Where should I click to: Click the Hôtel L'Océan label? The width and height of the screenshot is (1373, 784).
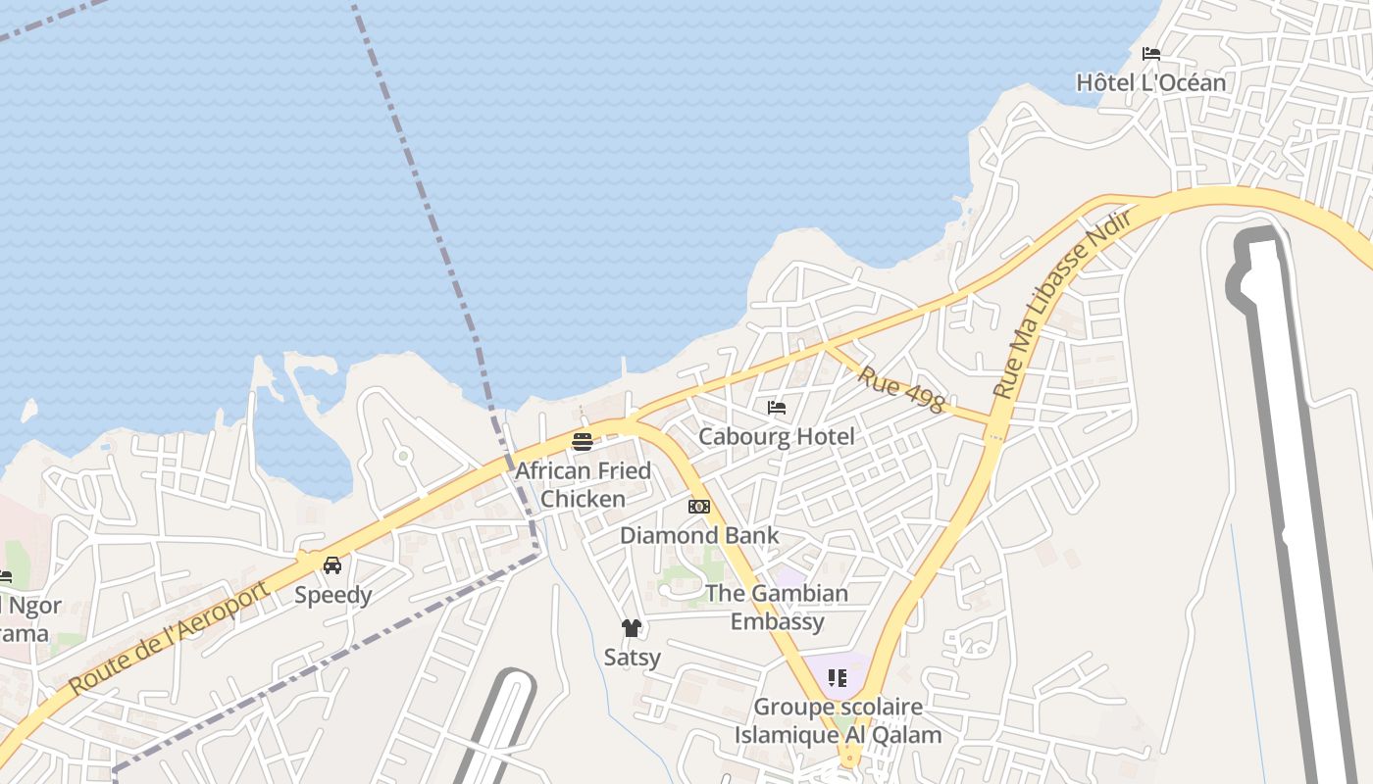[1150, 82]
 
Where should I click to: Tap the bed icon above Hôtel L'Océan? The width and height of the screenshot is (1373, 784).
[1151, 54]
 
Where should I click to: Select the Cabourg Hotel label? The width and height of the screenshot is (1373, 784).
[776, 436]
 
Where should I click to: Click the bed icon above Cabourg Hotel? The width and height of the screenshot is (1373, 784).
[777, 408]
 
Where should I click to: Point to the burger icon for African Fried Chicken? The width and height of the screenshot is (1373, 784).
[583, 442]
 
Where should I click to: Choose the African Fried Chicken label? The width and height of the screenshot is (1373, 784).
[583, 484]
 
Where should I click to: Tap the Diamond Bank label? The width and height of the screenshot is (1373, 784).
[699, 535]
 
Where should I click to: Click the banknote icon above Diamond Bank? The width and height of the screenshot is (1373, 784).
[699, 507]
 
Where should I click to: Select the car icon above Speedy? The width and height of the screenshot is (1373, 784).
[332, 565]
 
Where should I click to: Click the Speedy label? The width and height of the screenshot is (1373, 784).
[332, 595]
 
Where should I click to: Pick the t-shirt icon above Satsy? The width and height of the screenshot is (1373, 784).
[632, 628]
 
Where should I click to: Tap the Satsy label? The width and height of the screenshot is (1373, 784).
[632, 657]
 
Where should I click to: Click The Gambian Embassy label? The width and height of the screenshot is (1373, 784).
[777, 607]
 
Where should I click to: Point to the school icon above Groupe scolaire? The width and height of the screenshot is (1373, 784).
[837, 678]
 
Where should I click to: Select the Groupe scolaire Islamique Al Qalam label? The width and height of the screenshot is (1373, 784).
[838, 720]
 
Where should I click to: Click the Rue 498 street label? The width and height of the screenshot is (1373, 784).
[900, 389]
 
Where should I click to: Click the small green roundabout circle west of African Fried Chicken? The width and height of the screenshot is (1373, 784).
[402, 456]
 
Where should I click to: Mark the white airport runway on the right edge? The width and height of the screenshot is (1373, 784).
[1304, 490]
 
